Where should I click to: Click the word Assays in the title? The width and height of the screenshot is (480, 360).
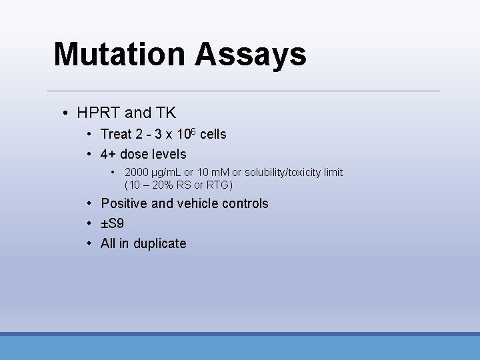point(251,55)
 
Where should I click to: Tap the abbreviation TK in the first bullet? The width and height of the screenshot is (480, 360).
point(165,113)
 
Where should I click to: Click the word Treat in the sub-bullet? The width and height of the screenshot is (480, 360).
point(116,135)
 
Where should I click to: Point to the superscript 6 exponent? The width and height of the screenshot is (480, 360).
point(194,131)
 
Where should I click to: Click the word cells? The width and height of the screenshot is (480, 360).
point(213,135)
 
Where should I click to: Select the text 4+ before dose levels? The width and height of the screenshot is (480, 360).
point(109,155)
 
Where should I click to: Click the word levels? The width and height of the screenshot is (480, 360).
point(169,155)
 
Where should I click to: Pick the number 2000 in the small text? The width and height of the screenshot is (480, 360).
point(136,173)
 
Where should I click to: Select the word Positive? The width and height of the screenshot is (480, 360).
point(124,204)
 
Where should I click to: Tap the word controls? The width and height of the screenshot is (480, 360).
point(245,204)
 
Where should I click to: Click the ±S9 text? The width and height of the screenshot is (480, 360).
point(112,224)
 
